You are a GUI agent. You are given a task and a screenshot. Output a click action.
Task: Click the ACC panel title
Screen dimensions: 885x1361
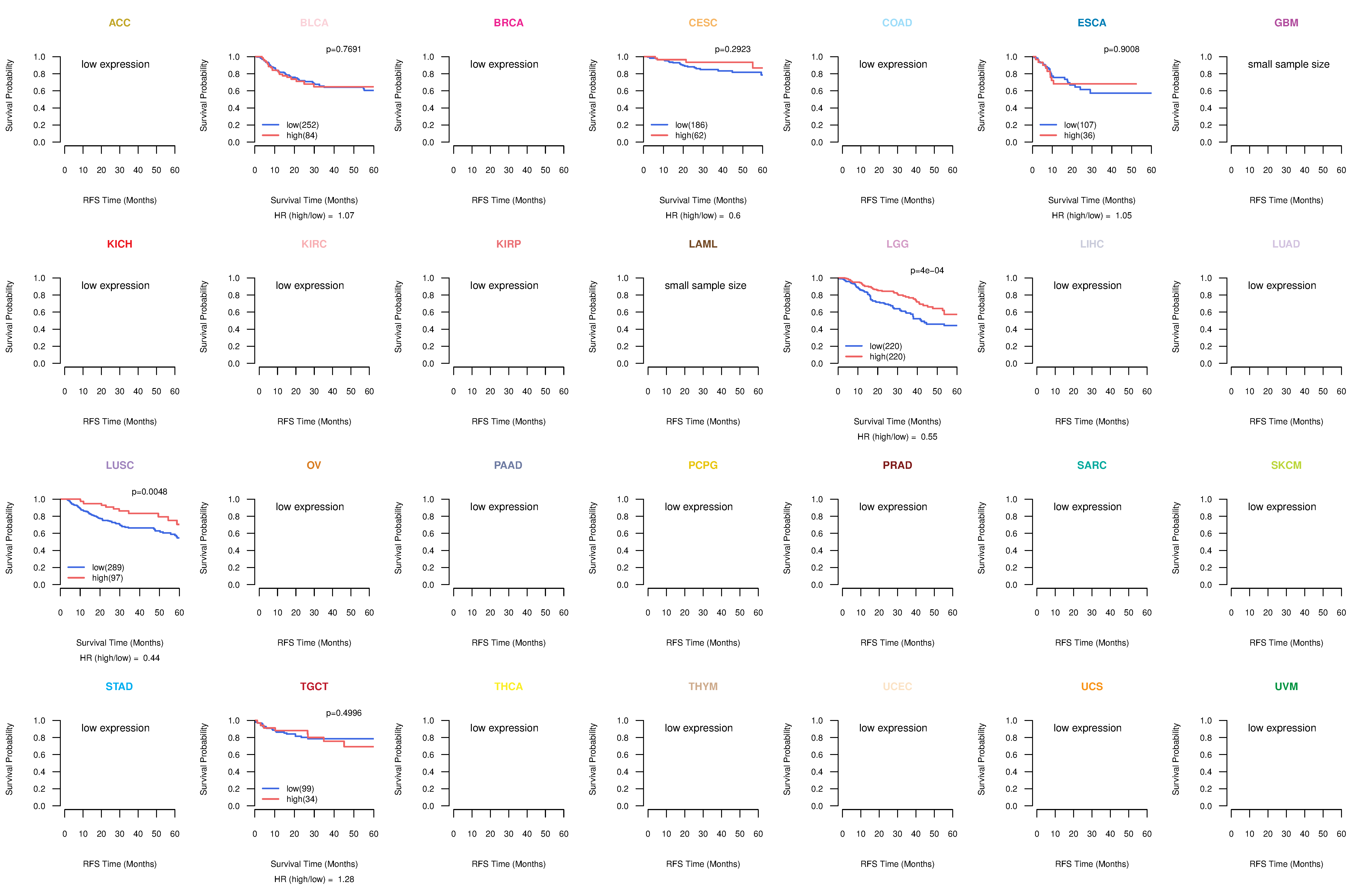point(120,23)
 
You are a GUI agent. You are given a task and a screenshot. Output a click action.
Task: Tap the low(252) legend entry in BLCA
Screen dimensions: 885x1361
point(302,125)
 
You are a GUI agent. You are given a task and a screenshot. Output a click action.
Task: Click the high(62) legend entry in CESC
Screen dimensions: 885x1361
point(690,135)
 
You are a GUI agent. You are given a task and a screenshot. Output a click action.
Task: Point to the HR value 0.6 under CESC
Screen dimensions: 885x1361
point(734,216)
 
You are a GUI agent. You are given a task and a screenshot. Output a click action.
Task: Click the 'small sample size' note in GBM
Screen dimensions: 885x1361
point(1288,64)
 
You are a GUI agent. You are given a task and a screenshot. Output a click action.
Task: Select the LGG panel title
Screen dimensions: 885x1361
point(897,244)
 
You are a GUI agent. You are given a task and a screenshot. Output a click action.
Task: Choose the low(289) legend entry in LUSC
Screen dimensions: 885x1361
point(108,568)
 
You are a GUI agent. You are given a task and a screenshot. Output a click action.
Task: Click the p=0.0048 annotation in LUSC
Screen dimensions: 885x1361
point(149,492)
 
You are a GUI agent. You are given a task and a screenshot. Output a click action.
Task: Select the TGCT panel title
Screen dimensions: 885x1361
point(314,686)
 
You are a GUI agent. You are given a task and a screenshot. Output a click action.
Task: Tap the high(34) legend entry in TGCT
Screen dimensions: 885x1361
point(301,799)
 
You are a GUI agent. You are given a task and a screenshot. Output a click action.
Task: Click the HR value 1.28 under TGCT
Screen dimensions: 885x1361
point(345,879)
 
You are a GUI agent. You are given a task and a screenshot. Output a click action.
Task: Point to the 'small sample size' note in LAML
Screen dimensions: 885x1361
point(705,285)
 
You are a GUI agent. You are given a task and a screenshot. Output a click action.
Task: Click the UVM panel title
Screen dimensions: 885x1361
point(1286,686)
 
